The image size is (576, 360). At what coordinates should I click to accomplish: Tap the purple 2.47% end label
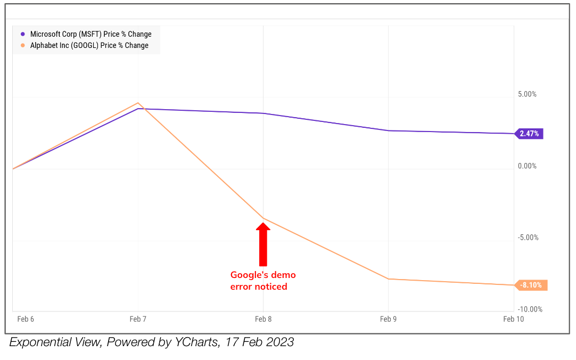click(529, 134)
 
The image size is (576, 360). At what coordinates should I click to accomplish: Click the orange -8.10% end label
click(531, 285)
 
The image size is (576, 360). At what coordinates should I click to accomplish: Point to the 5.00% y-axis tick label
click(527, 94)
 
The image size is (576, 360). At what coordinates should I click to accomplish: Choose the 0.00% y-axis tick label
click(527, 166)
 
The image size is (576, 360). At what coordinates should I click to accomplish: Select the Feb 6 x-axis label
click(26, 319)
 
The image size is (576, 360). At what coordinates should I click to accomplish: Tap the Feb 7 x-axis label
click(138, 319)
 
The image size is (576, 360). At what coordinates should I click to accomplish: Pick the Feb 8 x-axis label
click(263, 319)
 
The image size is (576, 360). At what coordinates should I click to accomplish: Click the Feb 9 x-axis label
click(388, 319)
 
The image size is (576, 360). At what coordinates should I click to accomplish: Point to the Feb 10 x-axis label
click(513, 319)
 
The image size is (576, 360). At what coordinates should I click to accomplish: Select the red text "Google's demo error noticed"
click(263, 281)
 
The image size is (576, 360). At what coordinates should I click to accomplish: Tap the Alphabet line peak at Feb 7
click(138, 103)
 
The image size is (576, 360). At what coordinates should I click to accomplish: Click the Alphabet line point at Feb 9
click(388, 279)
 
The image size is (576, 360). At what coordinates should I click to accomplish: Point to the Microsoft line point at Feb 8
click(263, 113)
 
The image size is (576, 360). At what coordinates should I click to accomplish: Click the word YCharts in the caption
click(195, 342)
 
